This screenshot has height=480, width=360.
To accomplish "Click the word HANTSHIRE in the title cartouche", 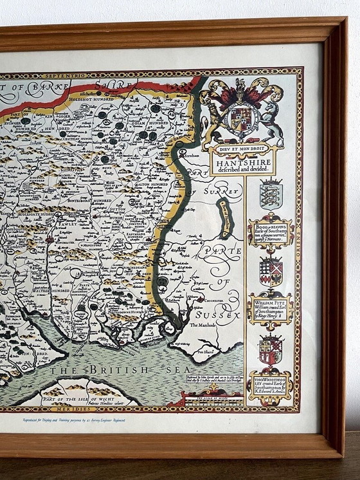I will (x=243, y=163).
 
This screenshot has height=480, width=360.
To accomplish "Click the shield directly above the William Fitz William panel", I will (x=271, y=271).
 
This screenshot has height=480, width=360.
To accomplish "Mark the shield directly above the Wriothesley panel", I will (x=271, y=349).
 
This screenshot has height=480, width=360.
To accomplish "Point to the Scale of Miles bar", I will (x=212, y=399).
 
